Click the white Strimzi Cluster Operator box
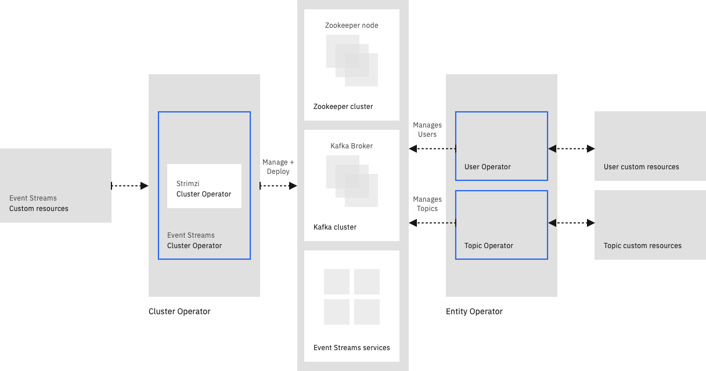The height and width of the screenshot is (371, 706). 204,186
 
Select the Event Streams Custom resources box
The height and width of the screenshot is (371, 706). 56,185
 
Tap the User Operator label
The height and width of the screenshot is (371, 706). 488,167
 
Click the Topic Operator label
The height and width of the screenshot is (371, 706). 489,246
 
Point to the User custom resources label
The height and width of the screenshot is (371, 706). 642,167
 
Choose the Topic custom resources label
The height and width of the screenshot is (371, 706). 643,246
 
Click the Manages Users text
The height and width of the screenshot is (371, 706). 427,130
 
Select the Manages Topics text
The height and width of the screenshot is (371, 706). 427,204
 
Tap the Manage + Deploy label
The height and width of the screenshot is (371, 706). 278,167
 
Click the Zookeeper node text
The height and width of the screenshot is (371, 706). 352,26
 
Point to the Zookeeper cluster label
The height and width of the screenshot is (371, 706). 343,107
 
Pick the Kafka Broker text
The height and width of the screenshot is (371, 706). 352,146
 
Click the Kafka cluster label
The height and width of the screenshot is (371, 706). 335,227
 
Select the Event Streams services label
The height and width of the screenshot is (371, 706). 352,348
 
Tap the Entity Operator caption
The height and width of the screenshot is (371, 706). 474,311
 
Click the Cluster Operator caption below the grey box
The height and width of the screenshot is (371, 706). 179,311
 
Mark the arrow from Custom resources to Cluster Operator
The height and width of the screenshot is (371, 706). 130,185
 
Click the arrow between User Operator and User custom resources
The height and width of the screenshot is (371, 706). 571,149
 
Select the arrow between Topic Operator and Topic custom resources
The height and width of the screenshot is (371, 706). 571,223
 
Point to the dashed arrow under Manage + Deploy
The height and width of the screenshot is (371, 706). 279,185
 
